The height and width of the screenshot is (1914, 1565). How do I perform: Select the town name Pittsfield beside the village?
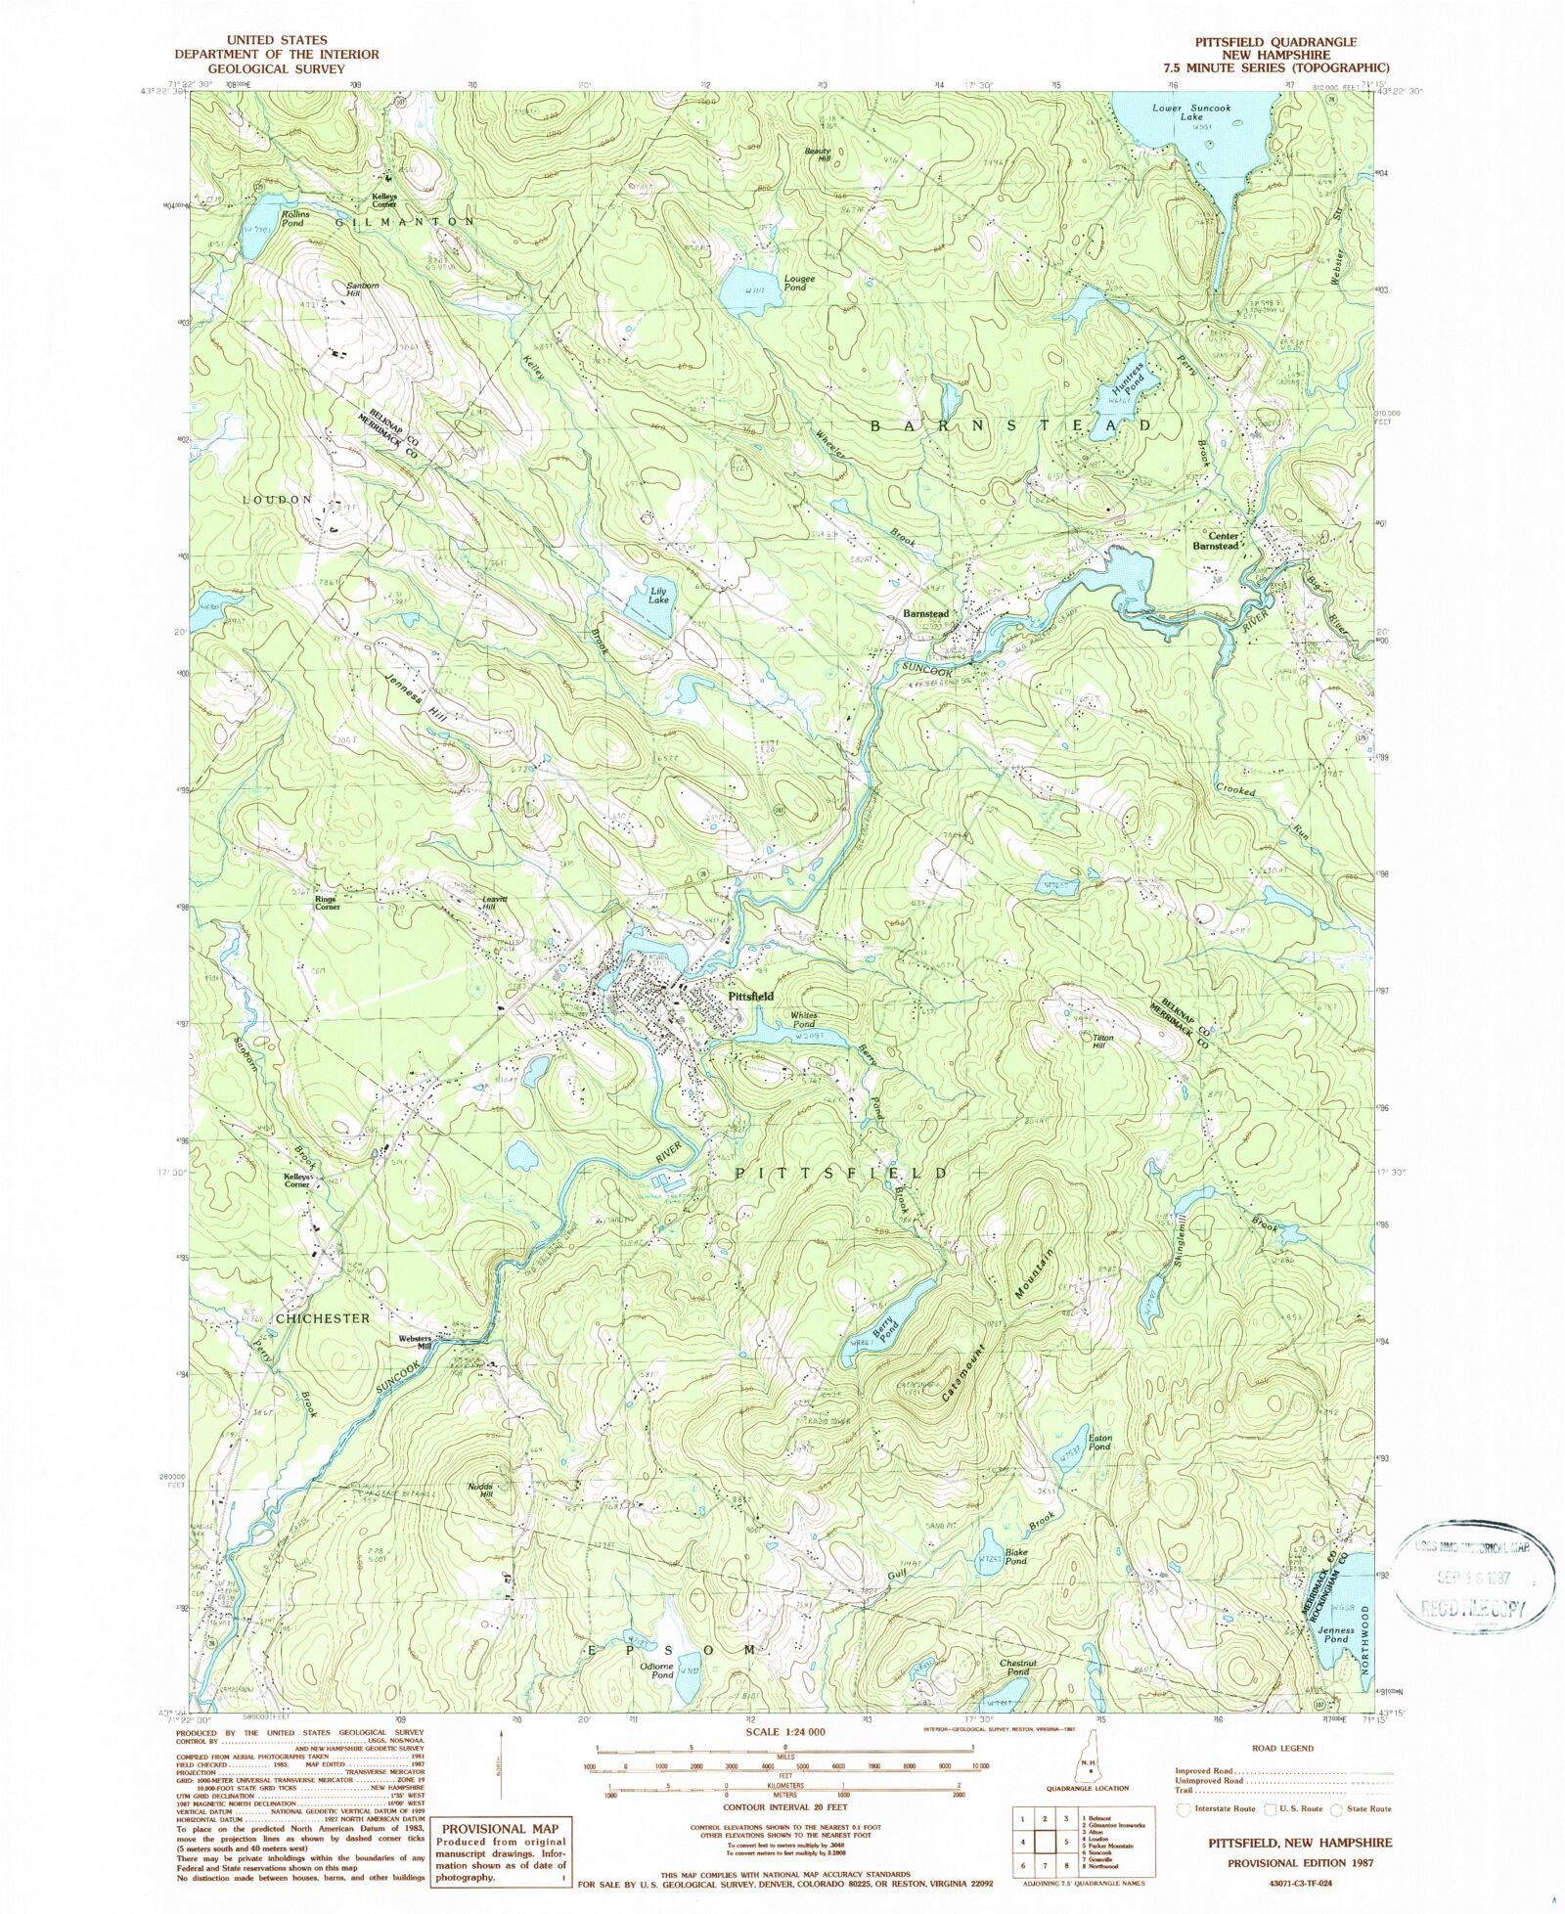click(x=750, y=996)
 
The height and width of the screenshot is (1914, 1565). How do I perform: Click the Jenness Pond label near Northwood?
click(x=1335, y=1635)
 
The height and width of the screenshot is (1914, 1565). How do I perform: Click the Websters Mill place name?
click(x=415, y=1342)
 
